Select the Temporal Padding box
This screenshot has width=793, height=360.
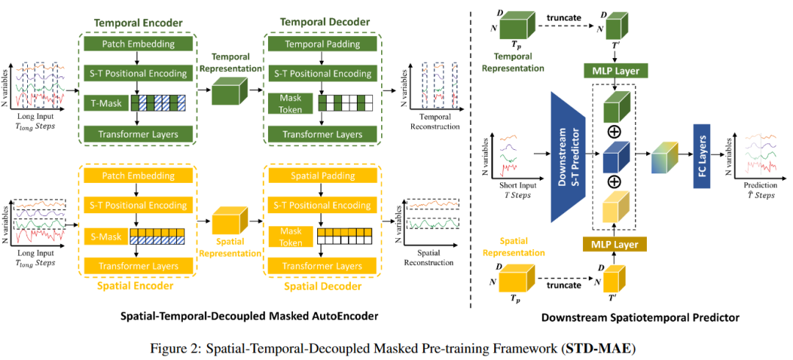click(x=318, y=44)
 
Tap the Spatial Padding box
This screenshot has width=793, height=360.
click(x=318, y=176)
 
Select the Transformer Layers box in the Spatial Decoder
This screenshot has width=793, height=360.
click(x=318, y=264)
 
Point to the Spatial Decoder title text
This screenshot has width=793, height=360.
click(x=318, y=285)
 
